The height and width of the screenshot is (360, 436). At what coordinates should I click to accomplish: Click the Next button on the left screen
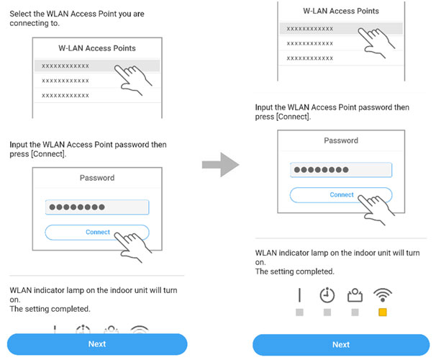pos(97,343)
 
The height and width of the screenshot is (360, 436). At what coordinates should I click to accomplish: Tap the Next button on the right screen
pos(341,344)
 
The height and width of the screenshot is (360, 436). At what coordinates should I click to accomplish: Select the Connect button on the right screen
pos(341,195)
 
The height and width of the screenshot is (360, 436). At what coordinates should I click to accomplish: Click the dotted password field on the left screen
pos(97,207)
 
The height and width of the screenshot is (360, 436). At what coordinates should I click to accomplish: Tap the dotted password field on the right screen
pos(341,171)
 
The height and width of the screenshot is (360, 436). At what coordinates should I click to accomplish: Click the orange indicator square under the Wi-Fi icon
pos(383,313)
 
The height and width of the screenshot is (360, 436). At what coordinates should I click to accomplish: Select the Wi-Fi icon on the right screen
pos(383,295)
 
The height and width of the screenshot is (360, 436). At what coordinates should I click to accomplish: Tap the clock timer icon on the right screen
pos(327,295)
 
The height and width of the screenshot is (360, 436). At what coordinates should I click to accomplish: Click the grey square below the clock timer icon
pos(327,313)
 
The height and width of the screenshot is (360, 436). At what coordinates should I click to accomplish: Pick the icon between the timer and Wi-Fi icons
pos(355,295)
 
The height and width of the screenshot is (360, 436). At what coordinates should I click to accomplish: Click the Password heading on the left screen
pos(97,178)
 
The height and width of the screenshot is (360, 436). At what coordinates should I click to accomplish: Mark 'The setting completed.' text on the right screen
pos(295,271)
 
